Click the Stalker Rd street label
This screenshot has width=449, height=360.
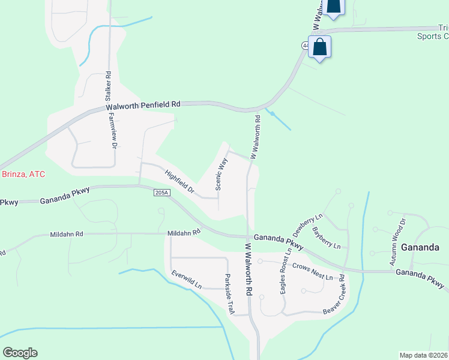pyautogui.click(x=109, y=89)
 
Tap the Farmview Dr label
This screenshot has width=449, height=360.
pyautogui.click(x=112, y=131)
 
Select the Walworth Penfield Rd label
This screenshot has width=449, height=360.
pyautogui.click(x=143, y=105)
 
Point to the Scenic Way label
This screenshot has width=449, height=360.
pyautogui.click(x=221, y=174)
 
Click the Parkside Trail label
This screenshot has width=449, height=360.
pyautogui.click(x=229, y=295)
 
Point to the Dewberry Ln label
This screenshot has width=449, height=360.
pyautogui.click(x=307, y=224)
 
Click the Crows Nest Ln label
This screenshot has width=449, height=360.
pyautogui.click(x=313, y=271)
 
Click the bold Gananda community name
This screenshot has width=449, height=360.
pyautogui.click(x=421, y=247)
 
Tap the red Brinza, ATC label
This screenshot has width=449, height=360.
pyautogui.click(x=23, y=174)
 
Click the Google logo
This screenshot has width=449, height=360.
pyautogui.click(x=20, y=353)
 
